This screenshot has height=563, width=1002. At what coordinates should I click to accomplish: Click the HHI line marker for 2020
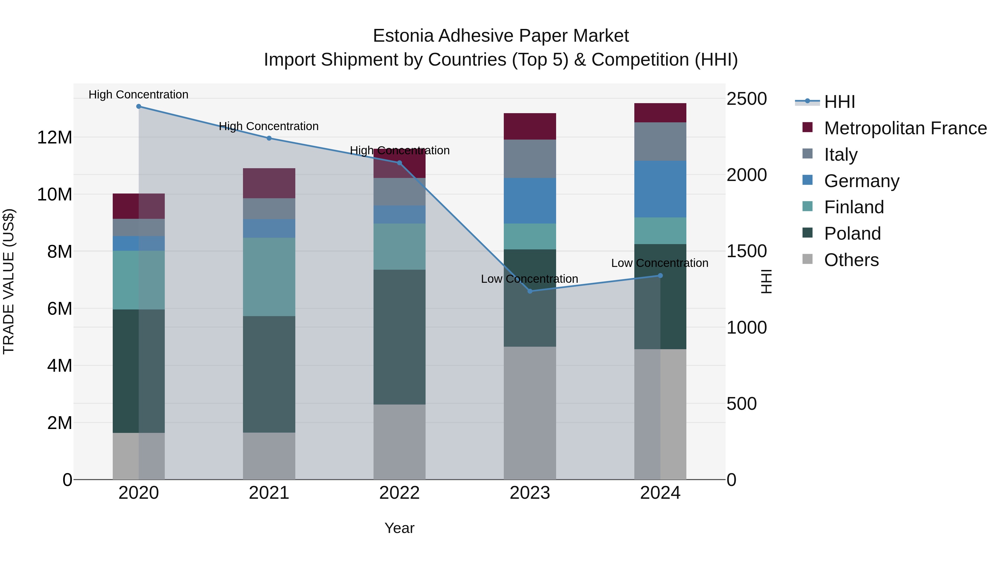[x=139, y=106]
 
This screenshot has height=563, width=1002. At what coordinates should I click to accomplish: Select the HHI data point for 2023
[x=530, y=291]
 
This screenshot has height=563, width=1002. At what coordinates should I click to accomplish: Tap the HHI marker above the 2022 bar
[x=399, y=163]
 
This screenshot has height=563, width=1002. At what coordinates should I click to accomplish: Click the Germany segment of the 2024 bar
[x=660, y=189]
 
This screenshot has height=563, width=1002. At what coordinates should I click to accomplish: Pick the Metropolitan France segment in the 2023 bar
[x=530, y=126]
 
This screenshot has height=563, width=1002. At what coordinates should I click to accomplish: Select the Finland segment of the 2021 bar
[x=269, y=277]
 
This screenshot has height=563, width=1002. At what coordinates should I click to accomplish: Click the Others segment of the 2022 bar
[x=399, y=442]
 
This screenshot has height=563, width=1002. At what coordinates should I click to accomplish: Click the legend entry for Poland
[x=852, y=234]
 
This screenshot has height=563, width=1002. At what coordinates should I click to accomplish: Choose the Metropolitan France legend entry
[x=905, y=128]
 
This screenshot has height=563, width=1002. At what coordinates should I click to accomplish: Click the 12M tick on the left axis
[x=55, y=138]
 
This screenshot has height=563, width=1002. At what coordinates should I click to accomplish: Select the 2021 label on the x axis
[x=269, y=493]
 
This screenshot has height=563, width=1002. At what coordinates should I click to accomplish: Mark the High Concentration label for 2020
[x=139, y=95]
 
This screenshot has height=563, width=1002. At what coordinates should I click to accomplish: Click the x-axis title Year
[x=399, y=528]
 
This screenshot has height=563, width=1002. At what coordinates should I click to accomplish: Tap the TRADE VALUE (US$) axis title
[x=9, y=281]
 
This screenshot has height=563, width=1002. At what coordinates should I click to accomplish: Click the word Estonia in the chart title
[x=403, y=36]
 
